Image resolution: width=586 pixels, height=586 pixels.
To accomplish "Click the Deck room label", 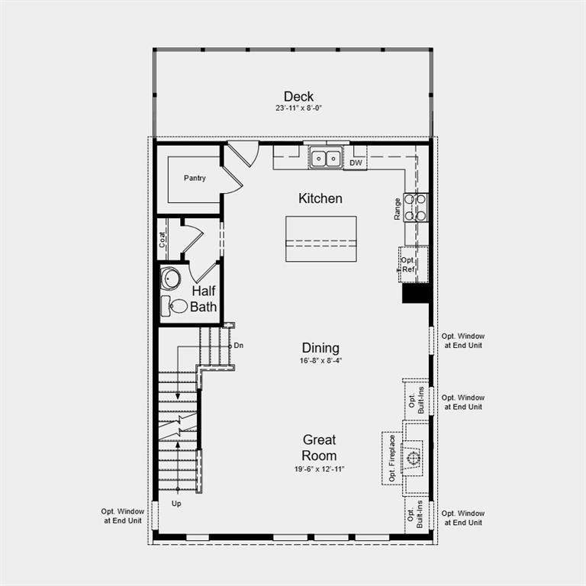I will [298, 96].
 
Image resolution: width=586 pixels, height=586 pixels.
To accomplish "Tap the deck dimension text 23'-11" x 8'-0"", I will [298, 108].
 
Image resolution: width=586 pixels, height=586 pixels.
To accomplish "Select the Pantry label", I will [195, 178].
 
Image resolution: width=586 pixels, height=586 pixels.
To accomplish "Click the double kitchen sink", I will [326, 159].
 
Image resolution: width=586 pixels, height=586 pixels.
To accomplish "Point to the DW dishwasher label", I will [356, 163].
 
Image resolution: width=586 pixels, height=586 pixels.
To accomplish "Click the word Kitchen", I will [320, 198].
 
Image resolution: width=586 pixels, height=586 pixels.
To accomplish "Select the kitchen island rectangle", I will [320, 239].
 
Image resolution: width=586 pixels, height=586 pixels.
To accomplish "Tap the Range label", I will [398, 209].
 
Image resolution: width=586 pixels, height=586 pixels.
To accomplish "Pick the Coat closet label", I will [163, 239].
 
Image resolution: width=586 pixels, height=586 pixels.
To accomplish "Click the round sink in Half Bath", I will [171, 279].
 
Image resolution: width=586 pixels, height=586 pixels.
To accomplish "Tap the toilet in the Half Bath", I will [175, 306].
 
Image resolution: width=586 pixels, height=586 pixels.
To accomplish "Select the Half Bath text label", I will [204, 299].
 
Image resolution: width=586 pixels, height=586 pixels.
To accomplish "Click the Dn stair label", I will [238, 346].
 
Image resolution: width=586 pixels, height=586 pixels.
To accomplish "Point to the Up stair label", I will [177, 504].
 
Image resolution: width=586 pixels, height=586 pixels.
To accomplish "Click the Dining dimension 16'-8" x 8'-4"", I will [320, 360].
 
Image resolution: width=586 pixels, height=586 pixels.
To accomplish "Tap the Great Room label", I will [319, 448].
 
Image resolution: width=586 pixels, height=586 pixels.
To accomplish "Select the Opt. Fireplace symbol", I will [413, 458].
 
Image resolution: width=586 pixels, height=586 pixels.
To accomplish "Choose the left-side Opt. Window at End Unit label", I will [122, 517].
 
